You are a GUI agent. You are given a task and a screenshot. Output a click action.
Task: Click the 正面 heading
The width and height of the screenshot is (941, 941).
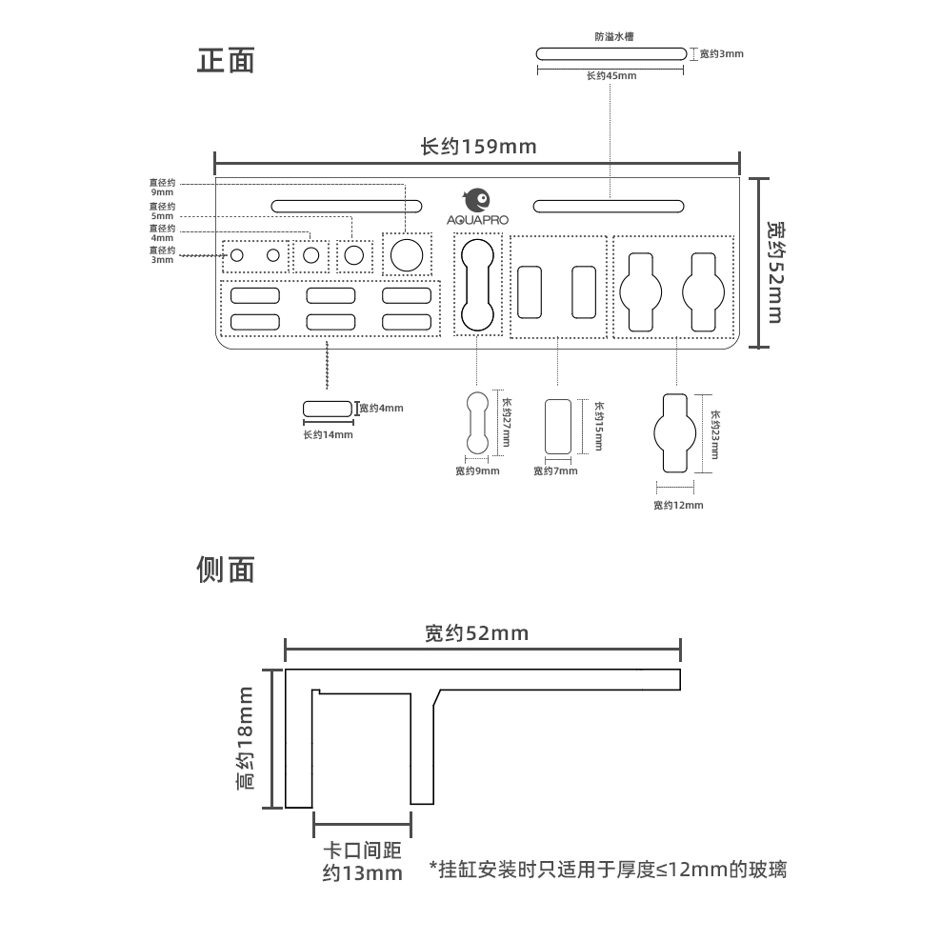pos(226,61)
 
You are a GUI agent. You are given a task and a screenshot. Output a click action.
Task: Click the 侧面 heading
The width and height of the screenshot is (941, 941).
pos(226,570)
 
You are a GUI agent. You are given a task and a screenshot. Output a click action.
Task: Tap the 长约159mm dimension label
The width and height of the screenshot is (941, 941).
pos(478,147)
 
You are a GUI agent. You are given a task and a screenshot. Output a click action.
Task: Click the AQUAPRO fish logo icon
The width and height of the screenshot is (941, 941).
pos(477,200)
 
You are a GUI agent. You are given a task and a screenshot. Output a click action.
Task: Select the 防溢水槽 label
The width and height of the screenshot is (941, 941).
pos(614,36)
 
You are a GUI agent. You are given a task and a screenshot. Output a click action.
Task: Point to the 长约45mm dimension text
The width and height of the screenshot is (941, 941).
pos(611,75)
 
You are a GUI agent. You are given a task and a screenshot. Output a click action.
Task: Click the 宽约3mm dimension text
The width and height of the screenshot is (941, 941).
pos(721,54)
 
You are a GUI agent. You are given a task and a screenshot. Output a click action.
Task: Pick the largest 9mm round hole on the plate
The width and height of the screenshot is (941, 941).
pos(407,255)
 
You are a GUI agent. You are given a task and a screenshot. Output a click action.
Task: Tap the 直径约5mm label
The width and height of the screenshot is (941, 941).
pos(162,211)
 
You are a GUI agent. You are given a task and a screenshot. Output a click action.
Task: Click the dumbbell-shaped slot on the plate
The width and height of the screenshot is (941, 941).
pos(478,285)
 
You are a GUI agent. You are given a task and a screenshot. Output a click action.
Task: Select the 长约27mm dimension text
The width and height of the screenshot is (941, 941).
pos(506,422)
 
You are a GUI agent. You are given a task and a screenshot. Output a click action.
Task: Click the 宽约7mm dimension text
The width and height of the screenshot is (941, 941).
pos(555,471)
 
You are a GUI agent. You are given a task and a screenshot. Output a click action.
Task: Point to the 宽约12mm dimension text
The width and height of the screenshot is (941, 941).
pos(678,506)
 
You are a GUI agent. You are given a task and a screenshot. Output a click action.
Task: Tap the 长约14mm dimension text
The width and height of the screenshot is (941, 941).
pos(328,434)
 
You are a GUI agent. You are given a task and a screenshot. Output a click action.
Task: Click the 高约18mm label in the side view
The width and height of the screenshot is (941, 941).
pos(246,738)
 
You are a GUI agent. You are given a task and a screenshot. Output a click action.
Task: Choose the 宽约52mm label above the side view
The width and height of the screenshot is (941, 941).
pos(477,633)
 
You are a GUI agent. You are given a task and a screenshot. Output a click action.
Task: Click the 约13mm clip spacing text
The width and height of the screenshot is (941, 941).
pos(363,872)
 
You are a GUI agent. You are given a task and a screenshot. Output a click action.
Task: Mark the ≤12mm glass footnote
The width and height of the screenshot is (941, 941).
pos(608,870)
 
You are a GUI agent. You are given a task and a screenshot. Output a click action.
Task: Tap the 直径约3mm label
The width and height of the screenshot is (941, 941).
pos(162,255)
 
